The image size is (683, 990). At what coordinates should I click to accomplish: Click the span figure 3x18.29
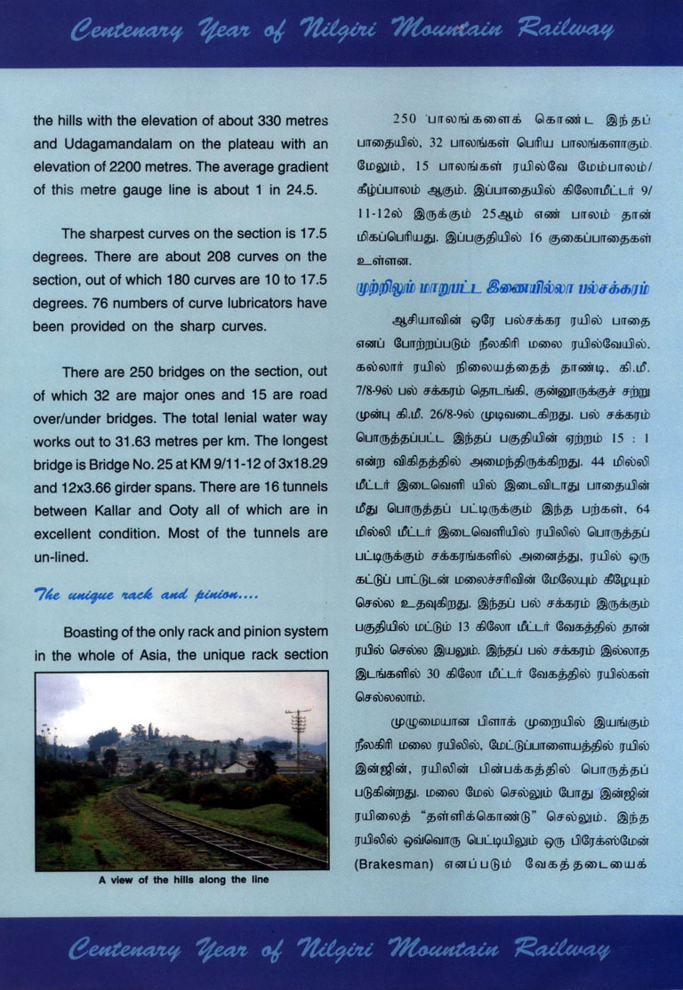coord(293,465)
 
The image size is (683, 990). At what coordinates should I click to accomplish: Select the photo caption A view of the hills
coord(182,880)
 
